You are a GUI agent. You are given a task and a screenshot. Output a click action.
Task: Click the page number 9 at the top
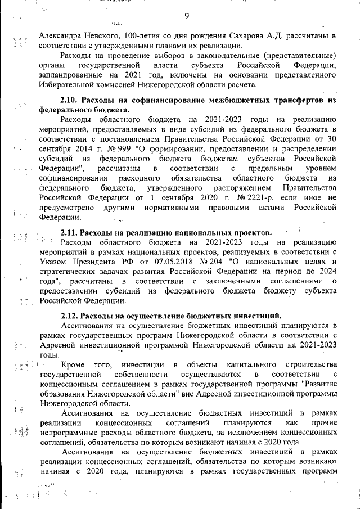[x=186, y=15]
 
